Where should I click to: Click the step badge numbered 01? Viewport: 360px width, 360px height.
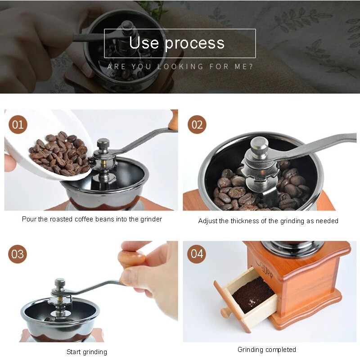[x=18, y=124]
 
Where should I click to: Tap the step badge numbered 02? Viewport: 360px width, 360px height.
[x=197, y=124]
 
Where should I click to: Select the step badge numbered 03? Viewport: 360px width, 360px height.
[x=18, y=254]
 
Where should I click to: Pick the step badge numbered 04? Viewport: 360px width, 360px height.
[x=197, y=254]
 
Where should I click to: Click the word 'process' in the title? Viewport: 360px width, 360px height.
[x=194, y=43]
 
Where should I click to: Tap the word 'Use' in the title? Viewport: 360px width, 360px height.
[x=144, y=43]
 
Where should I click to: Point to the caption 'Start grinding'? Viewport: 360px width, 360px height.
[x=87, y=351]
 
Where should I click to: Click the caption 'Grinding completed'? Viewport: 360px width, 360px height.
[x=267, y=349]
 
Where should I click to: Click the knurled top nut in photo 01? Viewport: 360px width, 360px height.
[x=103, y=144]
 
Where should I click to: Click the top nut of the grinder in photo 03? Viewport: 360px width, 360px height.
[x=60, y=283]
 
